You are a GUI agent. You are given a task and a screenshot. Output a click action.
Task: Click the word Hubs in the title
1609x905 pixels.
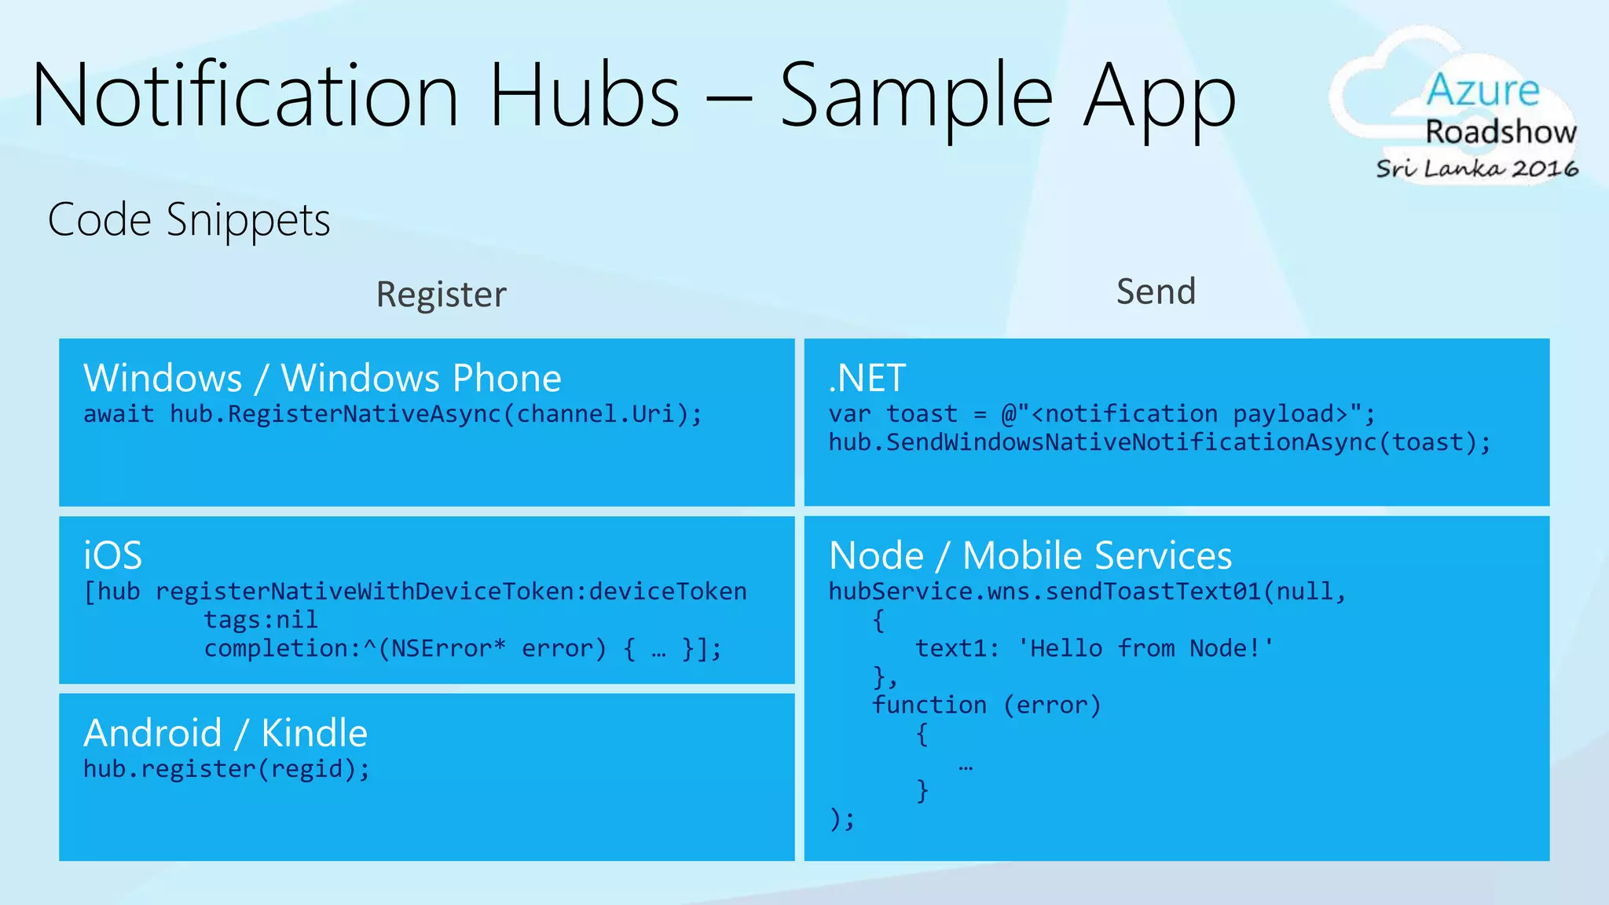(x=585, y=96)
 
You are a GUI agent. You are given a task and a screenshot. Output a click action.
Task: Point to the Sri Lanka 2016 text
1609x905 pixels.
(x=1477, y=168)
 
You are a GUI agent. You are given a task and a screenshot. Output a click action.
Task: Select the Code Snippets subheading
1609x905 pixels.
(x=189, y=219)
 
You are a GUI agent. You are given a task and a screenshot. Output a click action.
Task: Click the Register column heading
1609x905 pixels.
(x=441, y=295)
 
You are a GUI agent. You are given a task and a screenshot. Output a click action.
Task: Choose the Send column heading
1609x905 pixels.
(x=1156, y=291)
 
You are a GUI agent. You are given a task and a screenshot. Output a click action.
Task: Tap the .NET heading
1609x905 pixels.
(x=867, y=378)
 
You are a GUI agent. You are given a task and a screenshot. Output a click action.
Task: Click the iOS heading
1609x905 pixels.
(x=113, y=555)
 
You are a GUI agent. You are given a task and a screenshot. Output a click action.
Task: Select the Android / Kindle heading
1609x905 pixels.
(x=225, y=733)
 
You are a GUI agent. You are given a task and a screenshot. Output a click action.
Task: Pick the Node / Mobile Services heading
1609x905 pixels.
(x=1030, y=555)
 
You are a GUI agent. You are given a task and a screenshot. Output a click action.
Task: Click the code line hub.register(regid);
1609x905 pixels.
(x=226, y=768)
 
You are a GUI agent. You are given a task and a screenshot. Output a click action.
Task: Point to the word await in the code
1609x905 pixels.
(x=119, y=414)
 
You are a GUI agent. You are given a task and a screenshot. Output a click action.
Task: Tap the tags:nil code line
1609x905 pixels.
(x=261, y=620)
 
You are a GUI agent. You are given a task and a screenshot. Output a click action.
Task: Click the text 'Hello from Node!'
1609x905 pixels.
(x=1145, y=648)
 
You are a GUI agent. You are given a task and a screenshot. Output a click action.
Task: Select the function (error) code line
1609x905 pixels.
(x=987, y=705)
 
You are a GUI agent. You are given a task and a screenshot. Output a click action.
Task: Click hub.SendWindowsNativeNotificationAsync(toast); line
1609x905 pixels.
(x=1160, y=442)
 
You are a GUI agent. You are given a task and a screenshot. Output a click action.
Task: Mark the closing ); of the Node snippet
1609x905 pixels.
(x=842, y=819)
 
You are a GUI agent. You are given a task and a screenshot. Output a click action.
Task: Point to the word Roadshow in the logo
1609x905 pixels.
(x=1501, y=132)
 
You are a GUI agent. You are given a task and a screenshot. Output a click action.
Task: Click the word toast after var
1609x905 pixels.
(x=922, y=414)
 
